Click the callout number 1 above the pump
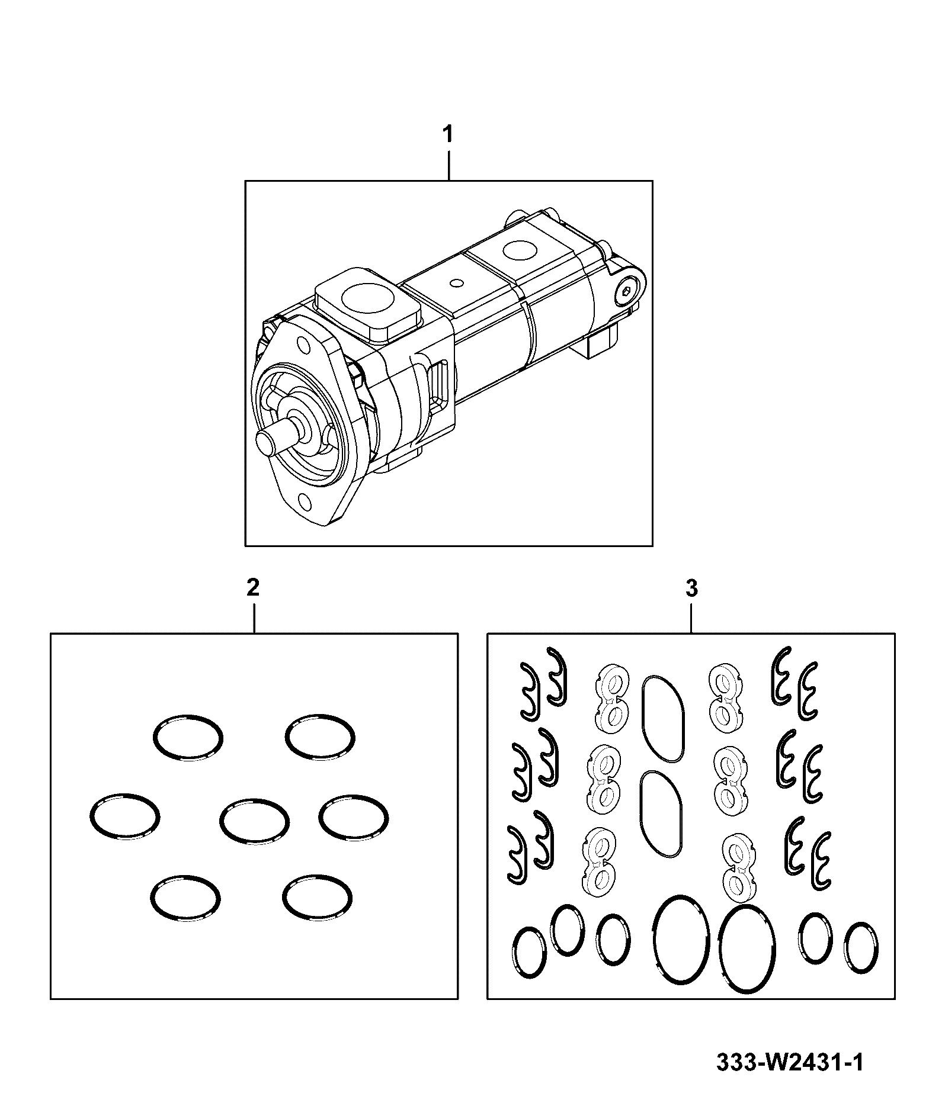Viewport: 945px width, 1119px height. click(x=449, y=134)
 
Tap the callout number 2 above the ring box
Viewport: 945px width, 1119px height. click(x=253, y=588)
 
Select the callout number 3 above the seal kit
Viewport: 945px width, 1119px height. click(x=691, y=588)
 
